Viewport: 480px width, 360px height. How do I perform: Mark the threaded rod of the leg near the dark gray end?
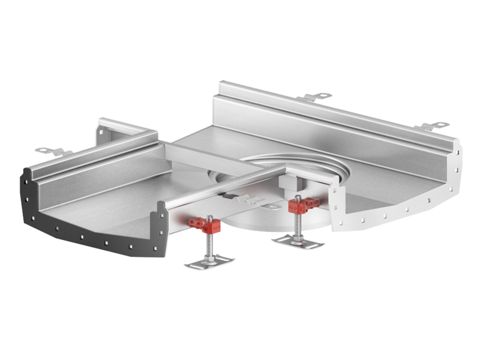click(207, 243)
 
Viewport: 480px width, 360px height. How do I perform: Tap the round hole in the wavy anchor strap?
click(273, 206)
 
